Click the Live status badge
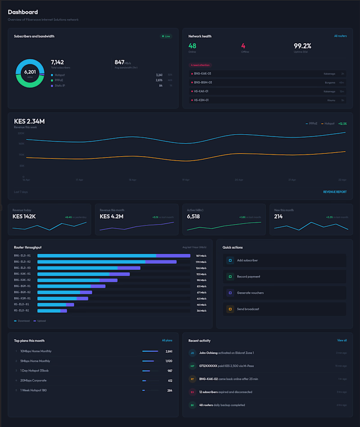pyautogui.click(x=166, y=36)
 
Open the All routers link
pyautogui.click(x=340, y=36)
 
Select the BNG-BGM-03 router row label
pyautogui.click(x=202, y=82)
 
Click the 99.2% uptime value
pyautogui.click(x=302, y=46)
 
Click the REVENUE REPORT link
pyautogui.click(x=335, y=192)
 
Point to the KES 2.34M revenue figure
pyautogui.click(x=29, y=121)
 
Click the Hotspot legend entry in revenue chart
pyautogui.click(x=328, y=123)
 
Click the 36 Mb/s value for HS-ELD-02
pyautogui.click(x=201, y=310)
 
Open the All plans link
pyautogui.click(x=167, y=341)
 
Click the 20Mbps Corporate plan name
pyautogui.click(x=33, y=381)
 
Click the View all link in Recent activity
pyautogui.click(x=342, y=341)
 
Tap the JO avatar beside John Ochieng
pyautogui.click(x=192, y=353)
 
